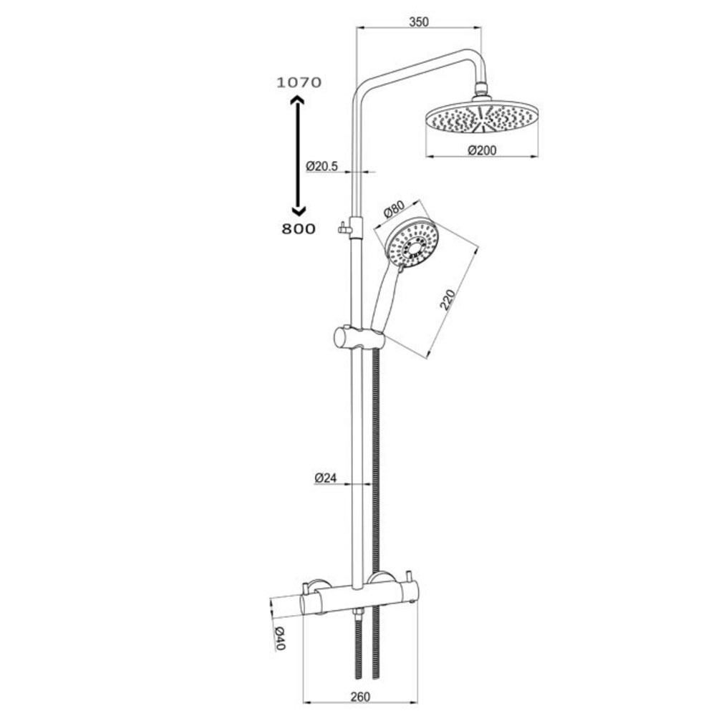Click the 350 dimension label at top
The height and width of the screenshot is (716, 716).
418,21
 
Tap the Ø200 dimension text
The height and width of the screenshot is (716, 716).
482,150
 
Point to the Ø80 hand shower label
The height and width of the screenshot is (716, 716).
394,212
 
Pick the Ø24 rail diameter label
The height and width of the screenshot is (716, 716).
326,477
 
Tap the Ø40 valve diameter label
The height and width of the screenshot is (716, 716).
280,638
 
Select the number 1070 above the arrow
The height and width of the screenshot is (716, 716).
299,82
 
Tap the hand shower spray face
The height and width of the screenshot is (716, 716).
412,243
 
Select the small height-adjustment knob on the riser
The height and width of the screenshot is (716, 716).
343,230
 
